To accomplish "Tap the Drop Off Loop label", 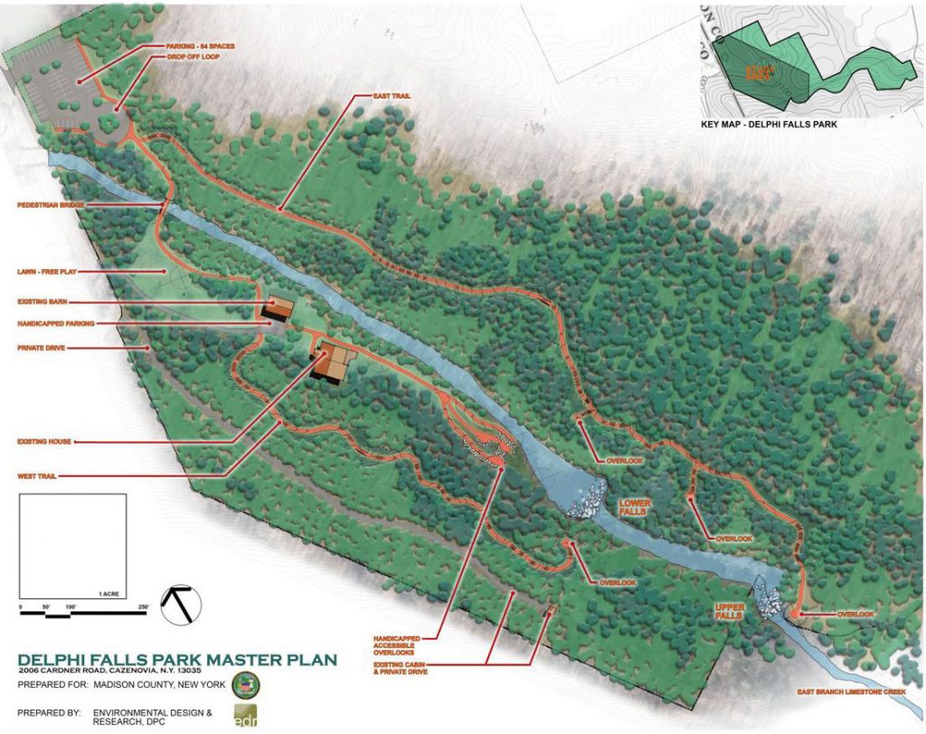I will [x=193, y=56].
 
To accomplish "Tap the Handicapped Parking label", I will [x=55, y=323].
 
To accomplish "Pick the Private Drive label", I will [x=45, y=347].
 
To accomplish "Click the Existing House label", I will [x=45, y=442].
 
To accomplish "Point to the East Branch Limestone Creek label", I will [x=853, y=692].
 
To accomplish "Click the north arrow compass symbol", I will [x=181, y=603].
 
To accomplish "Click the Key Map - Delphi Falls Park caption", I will [x=769, y=124].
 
